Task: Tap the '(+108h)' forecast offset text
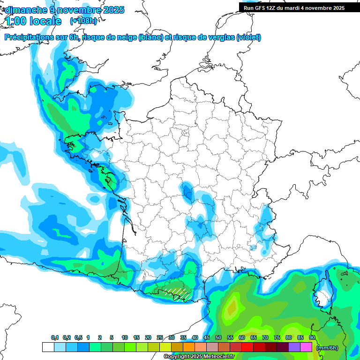click(83, 21)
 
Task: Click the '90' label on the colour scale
click(312, 338)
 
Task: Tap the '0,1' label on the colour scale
click(55, 338)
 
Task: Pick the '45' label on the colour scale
click(207, 338)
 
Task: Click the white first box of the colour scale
click(48, 347)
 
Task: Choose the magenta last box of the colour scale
click(306, 347)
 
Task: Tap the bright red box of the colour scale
click(247, 347)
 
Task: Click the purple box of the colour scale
click(294, 347)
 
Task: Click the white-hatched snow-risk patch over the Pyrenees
click(179, 292)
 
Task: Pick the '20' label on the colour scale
click(148, 338)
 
